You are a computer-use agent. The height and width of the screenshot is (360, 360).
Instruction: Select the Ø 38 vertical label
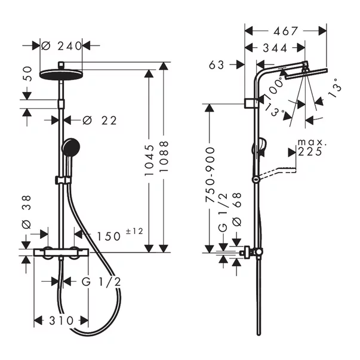(26, 216)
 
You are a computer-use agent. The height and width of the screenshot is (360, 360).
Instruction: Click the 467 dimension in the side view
(286, 30)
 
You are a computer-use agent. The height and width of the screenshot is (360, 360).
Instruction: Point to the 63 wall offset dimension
(217, 64)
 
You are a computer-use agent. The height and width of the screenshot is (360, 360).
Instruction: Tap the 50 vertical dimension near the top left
(26, 75)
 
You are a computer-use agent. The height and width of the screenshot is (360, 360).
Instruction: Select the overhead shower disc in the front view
(61, 73)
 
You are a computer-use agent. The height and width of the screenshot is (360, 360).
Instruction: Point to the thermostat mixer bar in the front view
(61, 253)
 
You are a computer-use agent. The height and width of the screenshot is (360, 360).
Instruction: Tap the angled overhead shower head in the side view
(305, 75)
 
